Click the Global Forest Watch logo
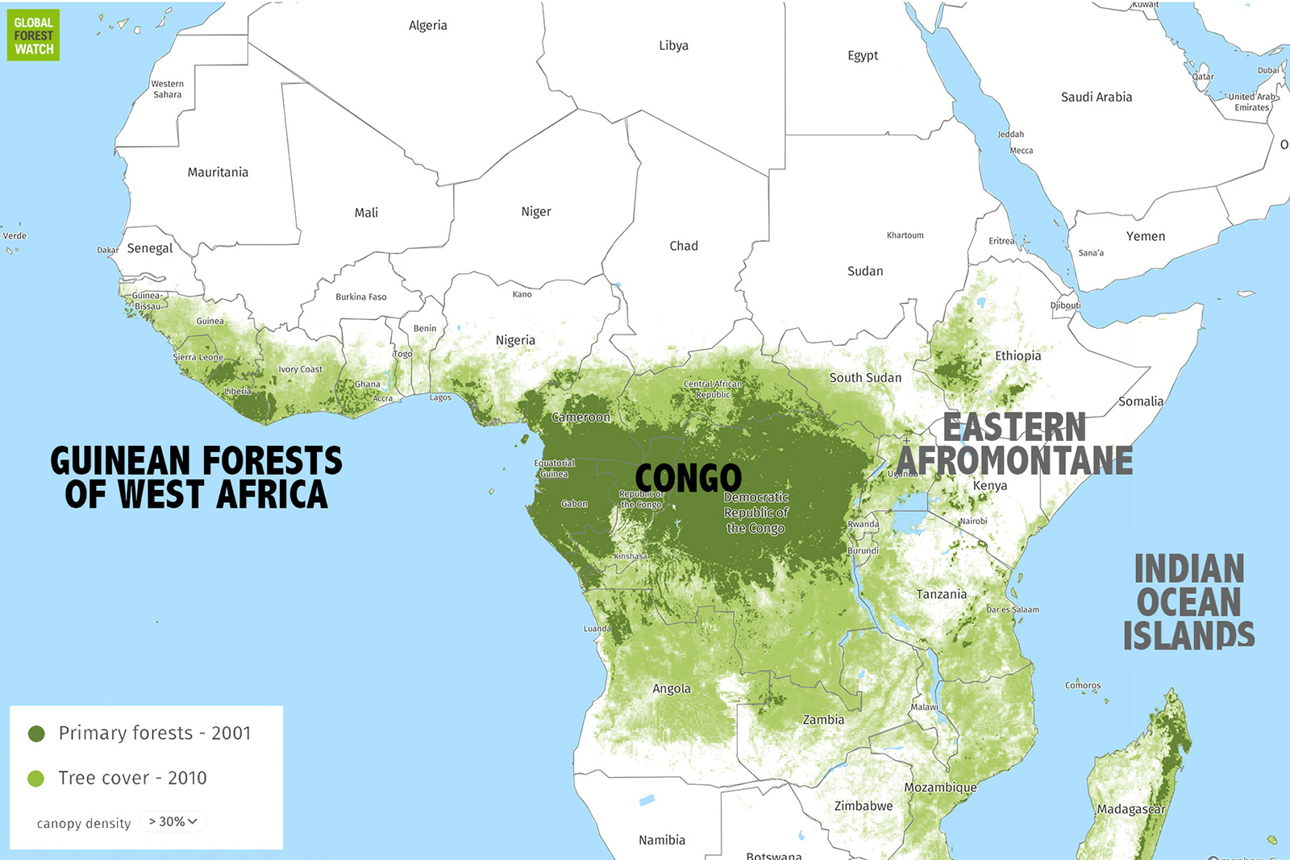pyautogui.click(x=33, y=35)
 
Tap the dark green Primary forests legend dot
pyautogui.click(x=36, y=733)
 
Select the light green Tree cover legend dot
pyautogui.click(x=36, y=779)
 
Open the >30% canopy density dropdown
pyautogui.click(x=173, y=821)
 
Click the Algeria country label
pyautogui.click(x=427, y=26)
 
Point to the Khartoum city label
pyautogui.click(x=905, y=235)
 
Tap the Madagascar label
pyautogui.click(x=1130, y=808)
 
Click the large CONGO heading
pyautogui.click(x=688, y=478)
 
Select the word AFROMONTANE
pyautogui.click(x=1014, y=461)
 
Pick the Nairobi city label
pyautogui.click(x=973, y=521)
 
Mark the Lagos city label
pyautogui.click(x=440, y=397)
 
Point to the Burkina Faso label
pyautogui.click(x=360, y=297)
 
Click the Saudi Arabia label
pyautogui.click(x=1096, y=97)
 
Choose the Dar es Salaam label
pyautogui.click(x=1013, y=609)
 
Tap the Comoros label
pyautogui.click(x=1082, y=685)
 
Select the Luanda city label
pyautogui.click(x=597, y=629)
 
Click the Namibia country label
pyautogui.click(x=661, y=840)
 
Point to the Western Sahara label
pyautogui.click(x=167, y=89)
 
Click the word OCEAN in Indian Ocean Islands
pyautogui.click(x=1188, y=602)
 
